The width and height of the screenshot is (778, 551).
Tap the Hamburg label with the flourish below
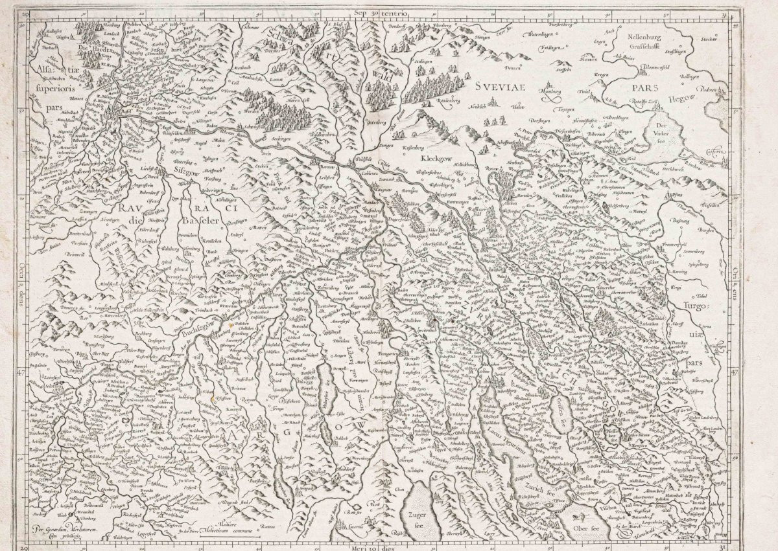(548, 93)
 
